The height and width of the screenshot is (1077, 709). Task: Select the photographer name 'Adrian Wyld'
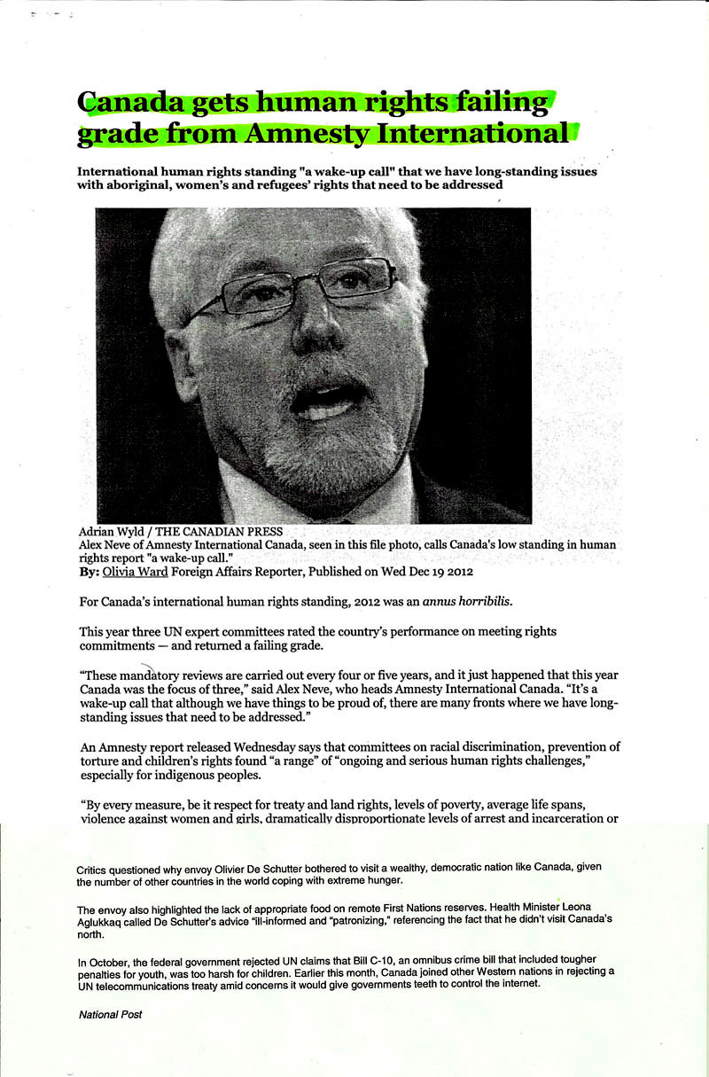114,532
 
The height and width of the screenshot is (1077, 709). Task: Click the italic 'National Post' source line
110,1014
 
